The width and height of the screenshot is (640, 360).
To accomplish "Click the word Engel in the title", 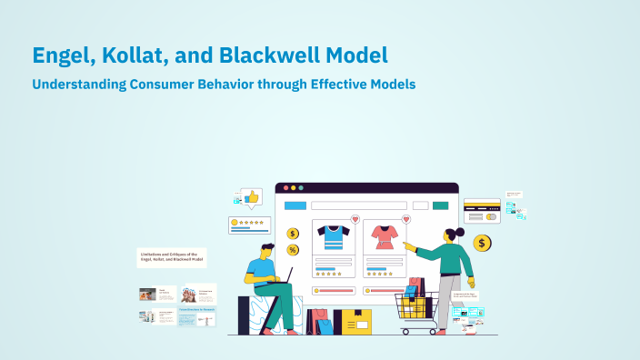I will tap(62, 55).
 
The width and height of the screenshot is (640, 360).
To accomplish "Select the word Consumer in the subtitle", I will tap(183, 84).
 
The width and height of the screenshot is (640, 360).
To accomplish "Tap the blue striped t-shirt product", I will tap(333, 238).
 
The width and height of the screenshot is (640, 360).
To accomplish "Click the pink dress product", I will tap(385, 238).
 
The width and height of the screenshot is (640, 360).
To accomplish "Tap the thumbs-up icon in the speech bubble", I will tap(251, 196).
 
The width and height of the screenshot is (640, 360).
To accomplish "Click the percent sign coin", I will tap(293, 250).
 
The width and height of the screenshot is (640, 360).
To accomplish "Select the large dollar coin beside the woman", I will tap(482, 243).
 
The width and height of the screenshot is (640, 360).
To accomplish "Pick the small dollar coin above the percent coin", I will tap(293, 234).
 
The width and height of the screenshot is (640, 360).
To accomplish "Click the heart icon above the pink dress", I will tap(406, 219).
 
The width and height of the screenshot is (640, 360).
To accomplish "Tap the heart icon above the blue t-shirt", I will tap(355, 219).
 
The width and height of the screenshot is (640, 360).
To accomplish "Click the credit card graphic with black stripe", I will tap(482, 211).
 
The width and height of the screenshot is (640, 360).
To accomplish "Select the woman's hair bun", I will tap(460, 232).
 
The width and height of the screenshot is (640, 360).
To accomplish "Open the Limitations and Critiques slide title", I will tap(171, 257).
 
